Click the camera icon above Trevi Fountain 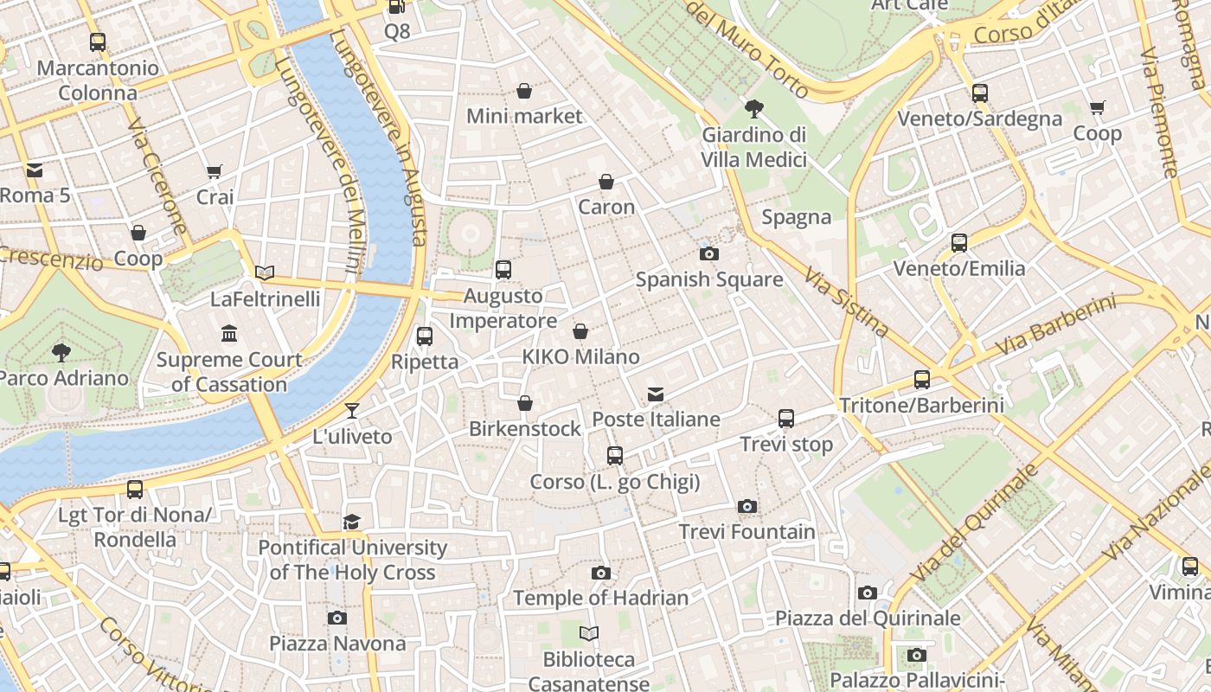pyautogui.click(x=747, y=506)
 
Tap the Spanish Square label pyautogui.click(x=709, y=279)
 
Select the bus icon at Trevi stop pyautogui.click(x=785, y=419)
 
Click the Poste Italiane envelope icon pyautogui.click(x=656, y=394)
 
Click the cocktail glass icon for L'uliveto pyautogui.click(x=352, y=410)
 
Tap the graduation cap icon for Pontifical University pyautogui.click(x=351, y=522)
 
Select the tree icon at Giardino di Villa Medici pyautogui.click(x=753, y=109)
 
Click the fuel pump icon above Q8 pyautogui.click(x=396, y=7)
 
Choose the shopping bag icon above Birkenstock pyautogui.click(x=524, y=403)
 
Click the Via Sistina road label pyautogui.click(x=846, y=302)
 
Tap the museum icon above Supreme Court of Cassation pyautogui.click(x=229, y=334)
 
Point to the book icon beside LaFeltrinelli pyautogui.click(x=265, y=273)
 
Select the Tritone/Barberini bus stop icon pyautogui.click(x=922, y=379)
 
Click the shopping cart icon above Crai pyautogui.click(x=215, y=171)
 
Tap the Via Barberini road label pyautogui.click(x=1055, y=326)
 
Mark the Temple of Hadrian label pyautogui.click(x=600, y=598)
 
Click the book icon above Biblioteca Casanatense pyautogui.click(x=589, y=634)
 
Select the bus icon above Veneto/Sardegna pyautogui.click(x=979, y=93)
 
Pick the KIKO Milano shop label pyautogui.click(x=580, y=356)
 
